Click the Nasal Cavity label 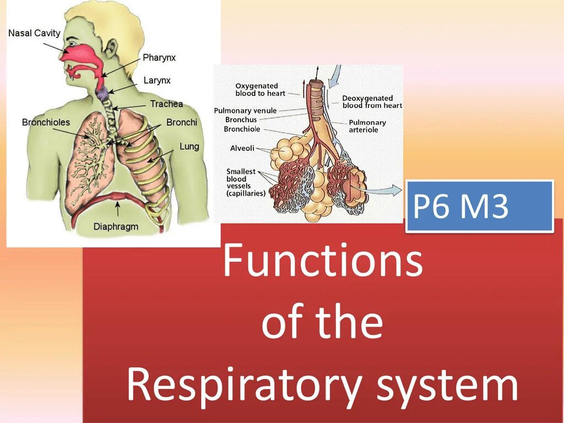[x=34, y=34]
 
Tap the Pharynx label [x=159, y=57]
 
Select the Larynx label [x=157, y=80]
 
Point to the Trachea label [x=166, y=104]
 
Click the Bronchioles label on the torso [x=46, y=122]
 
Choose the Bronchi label [x=182, y=122]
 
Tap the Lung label [x=189, y=147]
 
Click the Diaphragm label [x=116, y=226]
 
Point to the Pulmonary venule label [x=245, y=111]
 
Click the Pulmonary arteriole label [x=367, y=126]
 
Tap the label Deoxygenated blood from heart [x=372, y=102]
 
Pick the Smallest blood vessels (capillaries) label [x=246, y=182]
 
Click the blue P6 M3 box [x=479, y=206]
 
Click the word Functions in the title [x=323, y=262]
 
